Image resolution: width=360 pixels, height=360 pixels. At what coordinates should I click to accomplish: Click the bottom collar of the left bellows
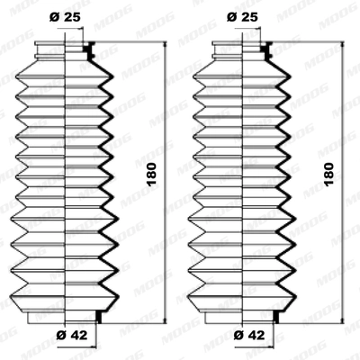tap(67, 315)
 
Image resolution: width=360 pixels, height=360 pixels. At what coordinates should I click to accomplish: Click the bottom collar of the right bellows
tap(244, 315)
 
